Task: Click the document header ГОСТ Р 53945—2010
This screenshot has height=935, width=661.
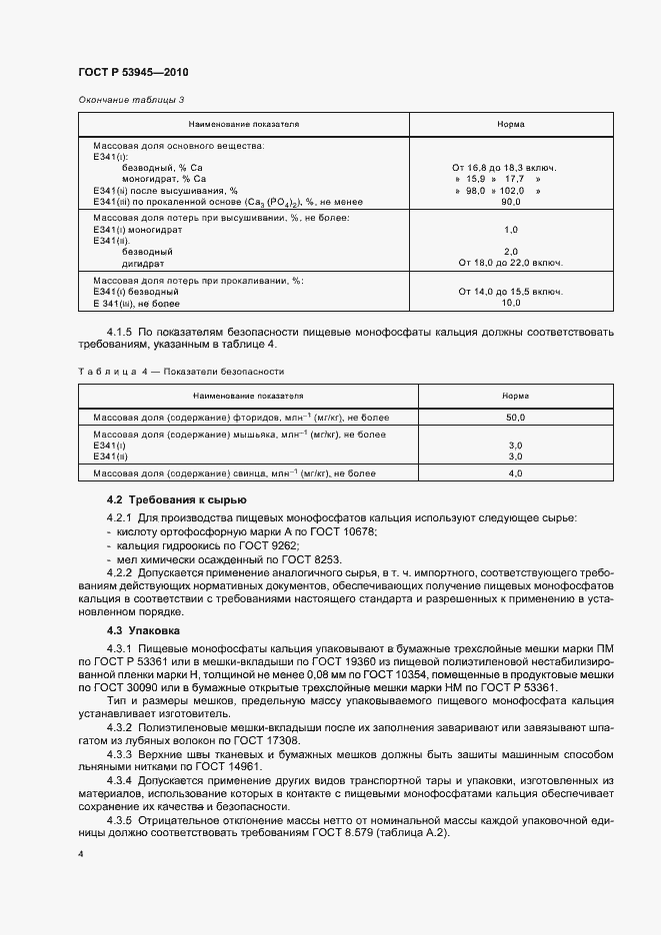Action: coord(132,74)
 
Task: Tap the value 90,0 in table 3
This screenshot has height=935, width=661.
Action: coord(511,202)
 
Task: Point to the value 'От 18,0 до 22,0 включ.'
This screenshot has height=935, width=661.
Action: coord(510,263)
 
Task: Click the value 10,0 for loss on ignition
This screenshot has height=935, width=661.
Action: coord(511,303)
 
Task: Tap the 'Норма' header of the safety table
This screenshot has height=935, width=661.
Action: coord(511,396)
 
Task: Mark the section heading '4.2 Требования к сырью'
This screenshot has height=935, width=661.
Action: coord(170,499)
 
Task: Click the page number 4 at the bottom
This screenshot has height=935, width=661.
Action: coord(80,856)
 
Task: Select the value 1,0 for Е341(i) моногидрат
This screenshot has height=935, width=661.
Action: coord(511,229)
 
